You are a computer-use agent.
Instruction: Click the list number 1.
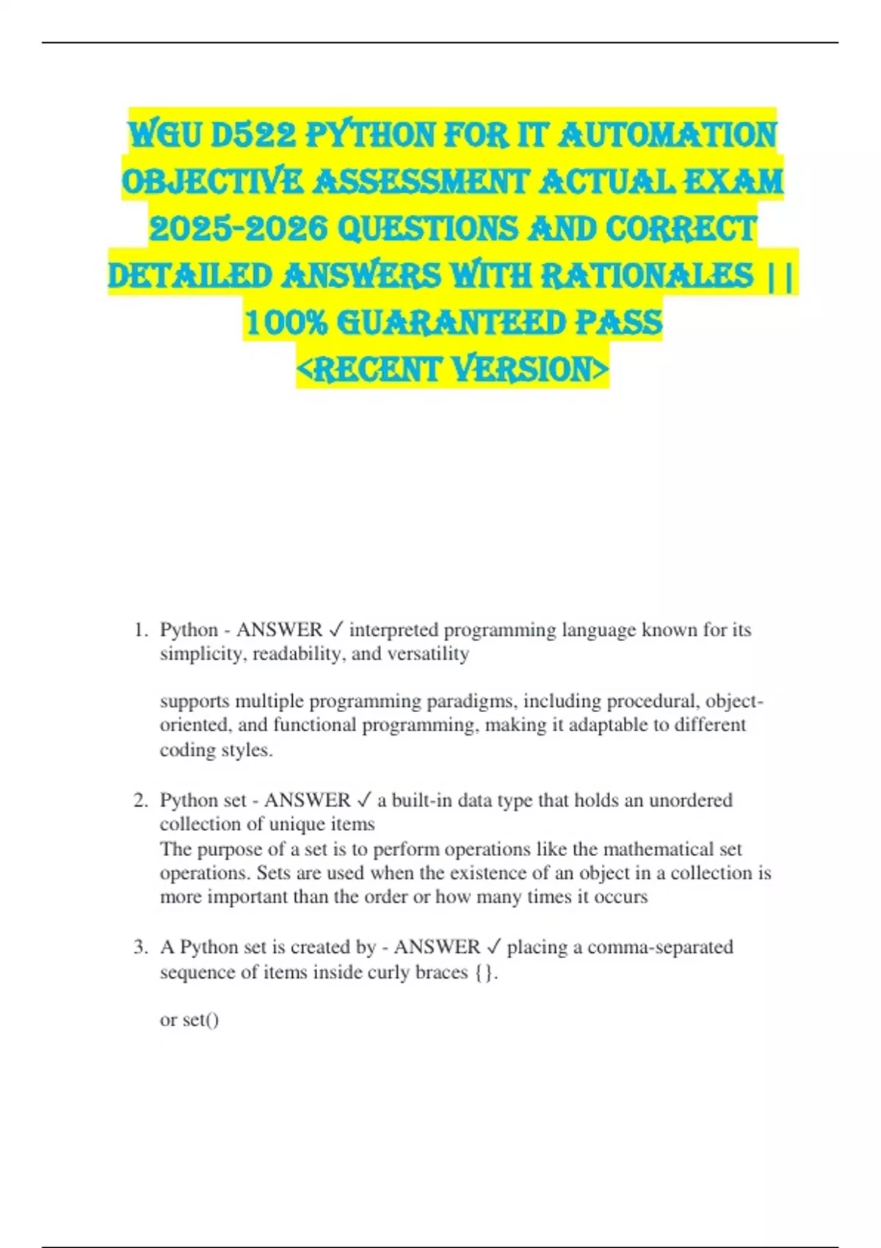pyautogui.click(x=140, y=630)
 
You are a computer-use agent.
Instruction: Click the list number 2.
pyautogui.click(x=140, y=800)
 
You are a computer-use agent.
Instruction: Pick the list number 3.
pyautogui.click(x=140, y=947)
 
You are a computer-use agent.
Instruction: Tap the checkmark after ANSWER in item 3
pyautogui.click(x=493, y=947)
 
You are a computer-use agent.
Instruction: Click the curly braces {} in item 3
pyautogui.click(x=484, y=972)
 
